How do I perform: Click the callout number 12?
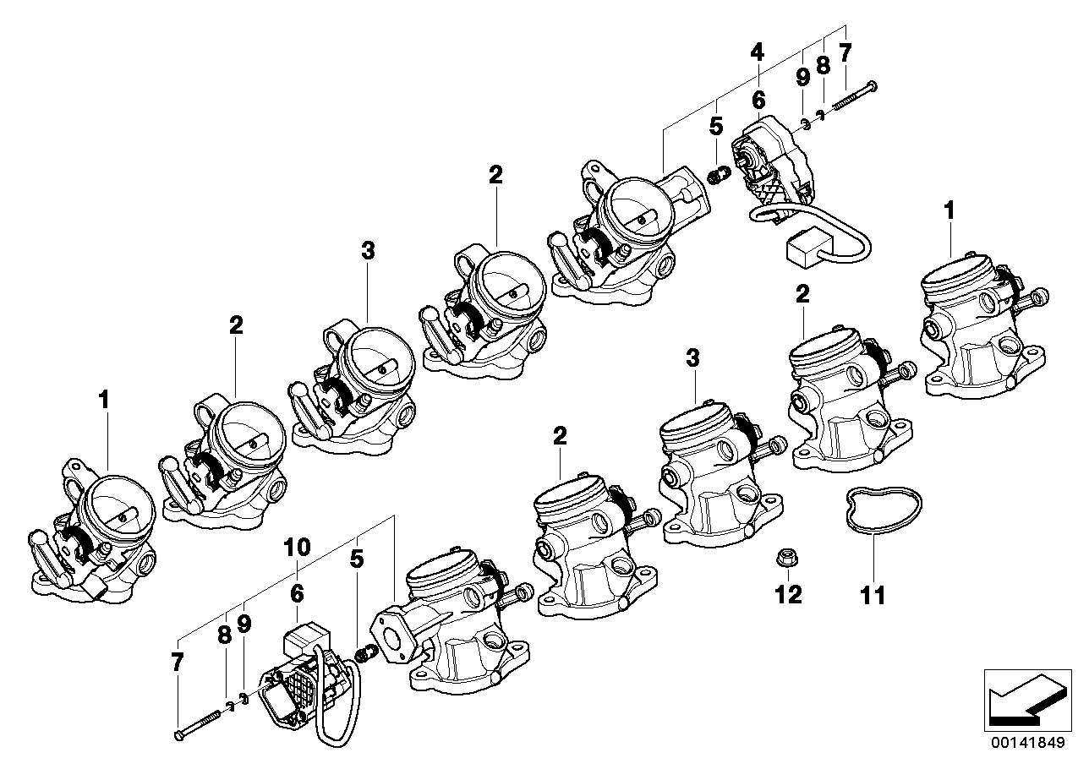[788, 595]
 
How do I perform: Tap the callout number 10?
[297, 548]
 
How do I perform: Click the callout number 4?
[757, 52]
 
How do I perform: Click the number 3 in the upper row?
[368, 251]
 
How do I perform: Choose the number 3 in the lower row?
[692, 358]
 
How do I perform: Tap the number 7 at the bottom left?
[178, 662]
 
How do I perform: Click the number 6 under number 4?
[758, 100]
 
